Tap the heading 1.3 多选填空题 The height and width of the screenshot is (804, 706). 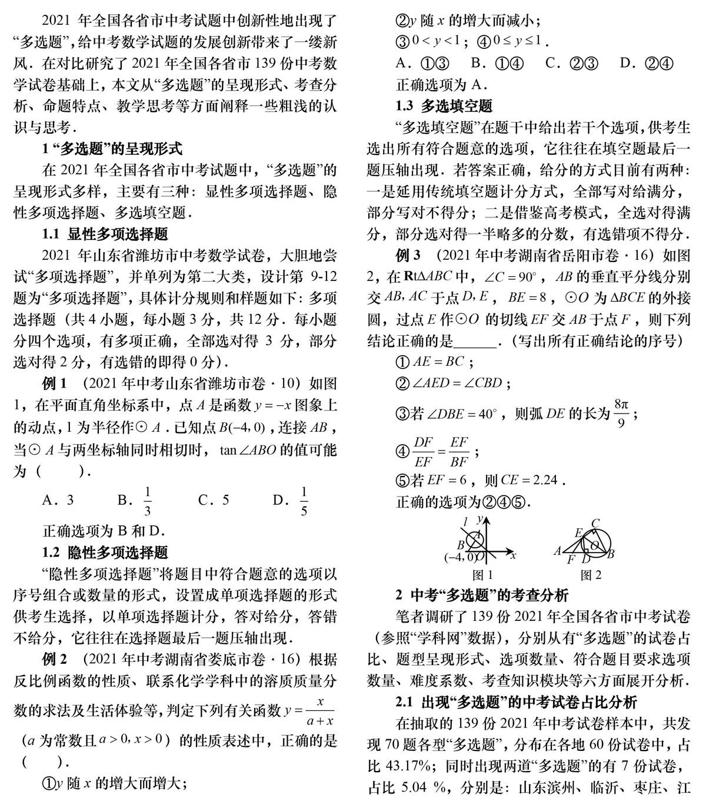coord(444,107)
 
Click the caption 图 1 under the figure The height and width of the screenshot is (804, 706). coord(483,575)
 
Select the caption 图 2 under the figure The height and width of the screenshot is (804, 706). coord(591,575)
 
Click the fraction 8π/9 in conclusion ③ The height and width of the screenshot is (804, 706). coord(621,413)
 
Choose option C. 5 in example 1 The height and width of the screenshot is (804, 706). coord(214,501)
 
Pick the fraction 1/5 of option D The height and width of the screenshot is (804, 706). coord(304,501)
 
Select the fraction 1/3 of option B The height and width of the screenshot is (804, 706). coord(148,501)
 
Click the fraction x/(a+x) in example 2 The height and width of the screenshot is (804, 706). coord(320,711)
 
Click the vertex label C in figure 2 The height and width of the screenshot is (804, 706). coord(595,523)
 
